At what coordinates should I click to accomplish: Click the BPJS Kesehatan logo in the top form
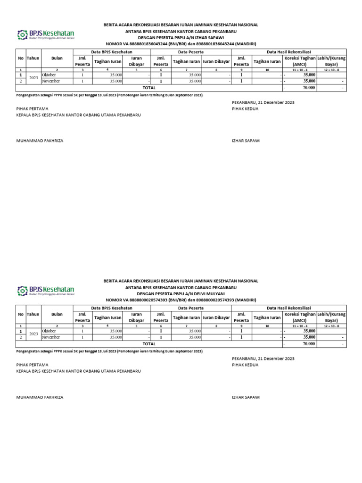(46, 34)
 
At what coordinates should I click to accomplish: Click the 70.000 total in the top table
(309, 88)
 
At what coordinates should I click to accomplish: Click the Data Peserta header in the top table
(190, 51)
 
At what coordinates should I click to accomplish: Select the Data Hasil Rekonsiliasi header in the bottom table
(288, 308)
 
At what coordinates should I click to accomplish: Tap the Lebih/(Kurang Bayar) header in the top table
(331, 61)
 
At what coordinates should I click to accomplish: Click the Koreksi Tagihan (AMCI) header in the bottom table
(300, 317)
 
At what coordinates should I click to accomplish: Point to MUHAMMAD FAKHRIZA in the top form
(40, 141)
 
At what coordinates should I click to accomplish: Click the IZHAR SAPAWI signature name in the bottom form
(246, 397)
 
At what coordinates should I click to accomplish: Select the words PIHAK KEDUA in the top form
(245, 108)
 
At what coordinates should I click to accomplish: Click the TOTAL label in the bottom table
(149, 344)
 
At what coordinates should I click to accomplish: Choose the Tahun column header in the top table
(33, 58)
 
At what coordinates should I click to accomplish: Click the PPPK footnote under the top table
(109, 95)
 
